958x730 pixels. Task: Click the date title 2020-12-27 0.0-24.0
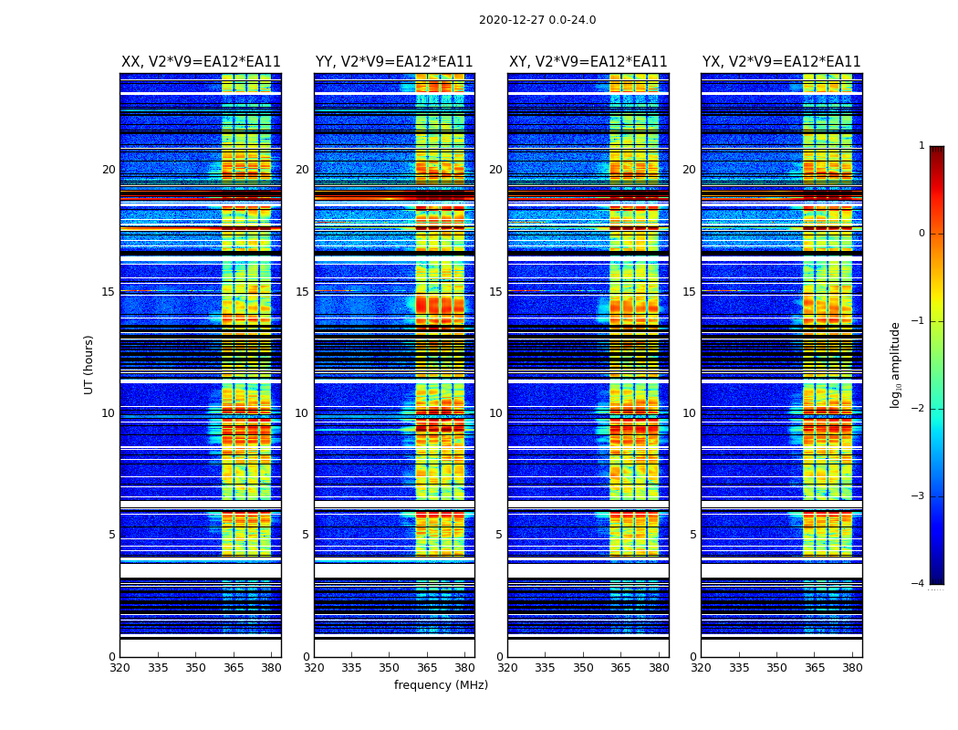click(537, 20)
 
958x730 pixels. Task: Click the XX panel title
click(201, 62)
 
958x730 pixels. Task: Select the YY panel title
click(394, 62)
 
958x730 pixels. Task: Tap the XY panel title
click(588, 62)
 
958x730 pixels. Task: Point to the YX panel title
click(781, 62)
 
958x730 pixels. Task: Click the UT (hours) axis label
click(89, 364)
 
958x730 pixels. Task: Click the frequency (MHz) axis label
click(441, 685)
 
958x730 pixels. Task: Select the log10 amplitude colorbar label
click(896, 364)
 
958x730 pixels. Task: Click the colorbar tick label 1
click(922, 146)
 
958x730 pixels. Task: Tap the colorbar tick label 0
click(922, 234)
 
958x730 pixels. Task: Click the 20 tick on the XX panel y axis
click(109, 170)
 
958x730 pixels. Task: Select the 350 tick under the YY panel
click(390, 668)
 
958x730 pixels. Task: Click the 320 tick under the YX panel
click(702, 668)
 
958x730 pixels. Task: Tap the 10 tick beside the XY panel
click(495, 413)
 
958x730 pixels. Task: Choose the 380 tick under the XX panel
click(271, 668)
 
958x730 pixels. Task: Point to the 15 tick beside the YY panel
click(302, 292)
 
